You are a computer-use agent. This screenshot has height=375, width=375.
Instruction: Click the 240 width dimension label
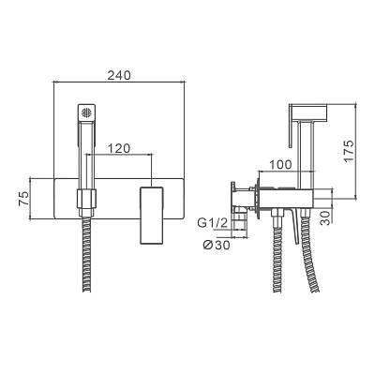click(x=119, y=75)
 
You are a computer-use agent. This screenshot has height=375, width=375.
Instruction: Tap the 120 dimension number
click(x=119, y=148)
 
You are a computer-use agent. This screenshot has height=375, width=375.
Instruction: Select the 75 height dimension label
click(x=23, y=198)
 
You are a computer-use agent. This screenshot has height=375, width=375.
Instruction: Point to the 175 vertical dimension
click(x=349, y=151)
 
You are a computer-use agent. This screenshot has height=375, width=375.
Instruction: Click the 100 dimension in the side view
click(x=280, y=164)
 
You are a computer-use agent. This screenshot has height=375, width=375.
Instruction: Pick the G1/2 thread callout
click(x=210, y=223)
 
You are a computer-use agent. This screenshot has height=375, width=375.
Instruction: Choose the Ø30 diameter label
click(x=217, y=245)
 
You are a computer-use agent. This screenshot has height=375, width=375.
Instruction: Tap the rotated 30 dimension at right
click(x=325, y=217)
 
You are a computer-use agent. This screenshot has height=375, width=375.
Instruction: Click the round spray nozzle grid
click(x=86, y=112)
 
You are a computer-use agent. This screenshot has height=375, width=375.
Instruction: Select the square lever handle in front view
click(x=152, y=215)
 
